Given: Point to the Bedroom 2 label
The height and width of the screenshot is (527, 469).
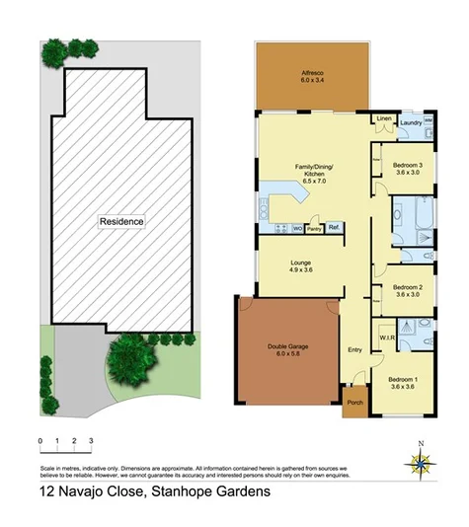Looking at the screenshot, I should tap(407, 289).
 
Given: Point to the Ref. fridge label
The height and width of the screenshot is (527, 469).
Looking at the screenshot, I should tap(335, 228).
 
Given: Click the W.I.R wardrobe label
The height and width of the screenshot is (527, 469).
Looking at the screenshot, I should tap(387, 338).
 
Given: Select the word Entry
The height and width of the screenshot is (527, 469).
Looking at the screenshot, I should tap(355, 350).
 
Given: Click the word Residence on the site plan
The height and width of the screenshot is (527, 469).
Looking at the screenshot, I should tap(121, 221).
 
